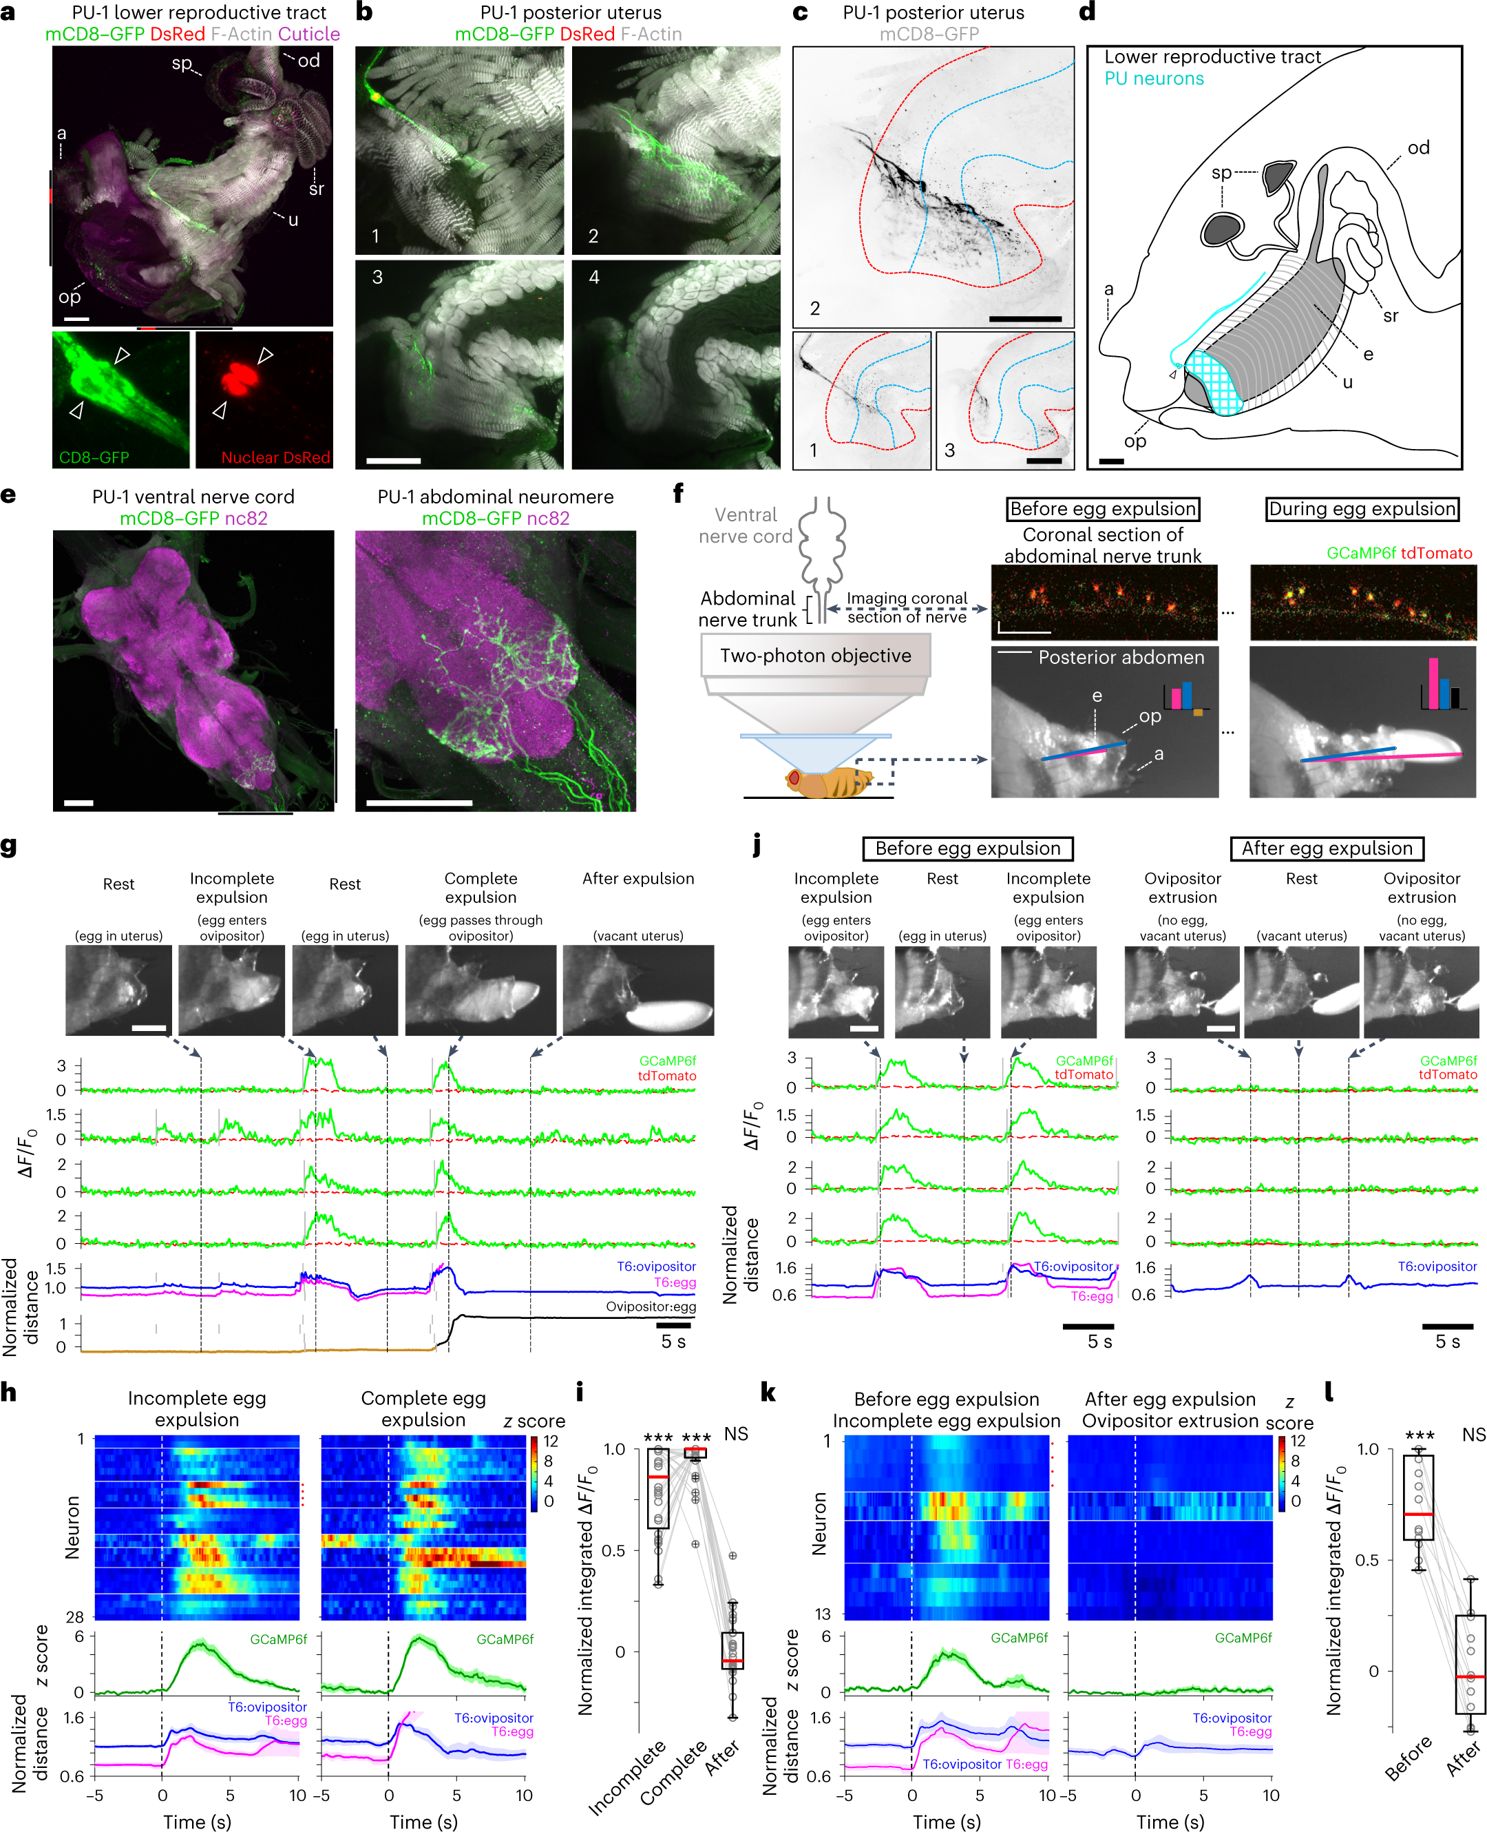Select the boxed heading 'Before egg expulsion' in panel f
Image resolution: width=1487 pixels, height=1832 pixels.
click(x=1102, y=509)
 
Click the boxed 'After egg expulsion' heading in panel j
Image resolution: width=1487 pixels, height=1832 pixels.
click(x=1326, y=849)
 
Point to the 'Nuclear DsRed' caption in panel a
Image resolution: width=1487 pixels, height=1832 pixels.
click(x=275, y=457)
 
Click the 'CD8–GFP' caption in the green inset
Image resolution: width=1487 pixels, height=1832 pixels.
click(x=94, y=457)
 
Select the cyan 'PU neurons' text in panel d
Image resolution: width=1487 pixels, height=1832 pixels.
click(x=1153, y=79)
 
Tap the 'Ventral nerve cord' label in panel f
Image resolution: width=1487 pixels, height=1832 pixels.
click(x=745, y=525)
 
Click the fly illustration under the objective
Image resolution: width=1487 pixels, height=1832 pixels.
click(x=827, y=782)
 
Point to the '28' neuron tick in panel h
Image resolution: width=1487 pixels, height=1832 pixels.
click(x=75, y=1617)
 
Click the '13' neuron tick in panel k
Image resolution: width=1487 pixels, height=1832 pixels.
click(x=821, y=1614)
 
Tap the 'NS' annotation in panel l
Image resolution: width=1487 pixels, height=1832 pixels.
click(x=1473, y=1435)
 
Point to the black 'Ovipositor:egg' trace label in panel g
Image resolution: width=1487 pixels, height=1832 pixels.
click(x=650, y=1307)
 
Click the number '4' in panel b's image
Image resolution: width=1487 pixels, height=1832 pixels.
click(x=593, y=278)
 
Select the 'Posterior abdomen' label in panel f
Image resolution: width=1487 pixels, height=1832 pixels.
click(x=1120, y=657)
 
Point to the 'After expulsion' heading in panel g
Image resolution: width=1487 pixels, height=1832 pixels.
click(x=638, y=878)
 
